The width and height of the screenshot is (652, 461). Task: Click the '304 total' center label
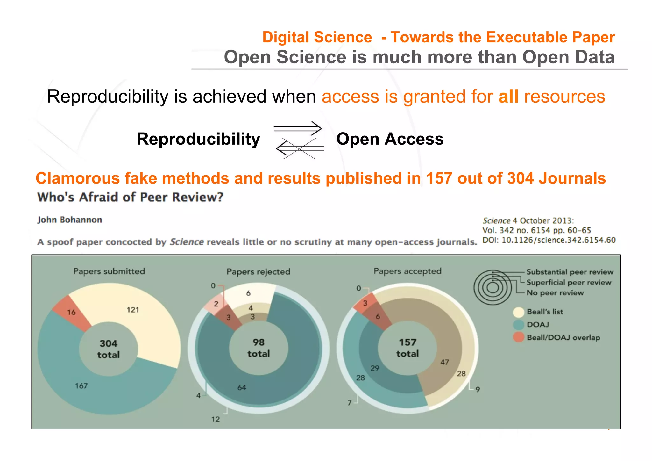(109, 349)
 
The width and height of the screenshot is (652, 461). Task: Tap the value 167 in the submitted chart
(81, 386)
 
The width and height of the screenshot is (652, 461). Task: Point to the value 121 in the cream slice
(133, 310)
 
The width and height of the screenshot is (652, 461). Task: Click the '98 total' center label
(259, 348)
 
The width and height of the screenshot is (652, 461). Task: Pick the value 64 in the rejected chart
(242, 387)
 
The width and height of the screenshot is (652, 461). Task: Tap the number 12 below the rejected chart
(216, 419)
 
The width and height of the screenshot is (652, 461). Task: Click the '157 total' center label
(407, 348)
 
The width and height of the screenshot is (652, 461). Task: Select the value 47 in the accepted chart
(444, 362)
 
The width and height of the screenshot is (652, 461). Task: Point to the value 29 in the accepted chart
(375, 368)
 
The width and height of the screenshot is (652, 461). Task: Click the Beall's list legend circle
(519, 312)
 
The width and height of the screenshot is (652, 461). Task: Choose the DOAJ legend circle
(519, 325)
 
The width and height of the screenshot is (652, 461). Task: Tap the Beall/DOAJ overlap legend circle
(519, 337)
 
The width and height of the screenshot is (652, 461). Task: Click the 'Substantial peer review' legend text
(570, 272)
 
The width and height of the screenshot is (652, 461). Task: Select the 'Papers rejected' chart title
(258, 271)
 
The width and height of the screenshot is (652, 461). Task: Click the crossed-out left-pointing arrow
(299, 148)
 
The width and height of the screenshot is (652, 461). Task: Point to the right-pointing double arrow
(298, 129)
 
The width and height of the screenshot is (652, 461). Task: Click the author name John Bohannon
(70, 220)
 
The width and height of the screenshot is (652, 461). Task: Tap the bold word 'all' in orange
(508, 96)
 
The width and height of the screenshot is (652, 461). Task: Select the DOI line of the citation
(549, 240)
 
